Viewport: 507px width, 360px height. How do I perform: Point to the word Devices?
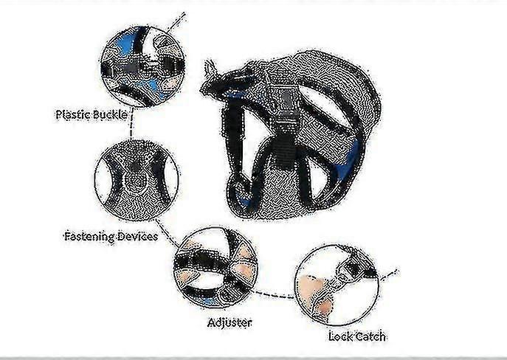click(137, 236)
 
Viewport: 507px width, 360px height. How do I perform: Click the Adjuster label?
click(230, 322)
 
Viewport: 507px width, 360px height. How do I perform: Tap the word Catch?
click(370, 336)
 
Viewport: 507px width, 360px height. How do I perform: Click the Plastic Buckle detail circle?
click(143, 66)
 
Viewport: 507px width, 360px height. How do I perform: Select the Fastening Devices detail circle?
click(137, 180)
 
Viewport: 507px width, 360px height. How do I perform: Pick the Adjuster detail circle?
click(215, 268)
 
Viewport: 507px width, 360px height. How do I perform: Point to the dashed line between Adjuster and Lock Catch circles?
click(275, 295)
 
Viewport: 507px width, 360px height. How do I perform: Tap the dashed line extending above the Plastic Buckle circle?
click(176, 22)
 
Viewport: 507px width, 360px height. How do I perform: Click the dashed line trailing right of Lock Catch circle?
click(387, 274)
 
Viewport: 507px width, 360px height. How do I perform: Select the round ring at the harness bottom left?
click(240, 190)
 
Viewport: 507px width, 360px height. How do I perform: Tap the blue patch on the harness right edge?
click(356, 154)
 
